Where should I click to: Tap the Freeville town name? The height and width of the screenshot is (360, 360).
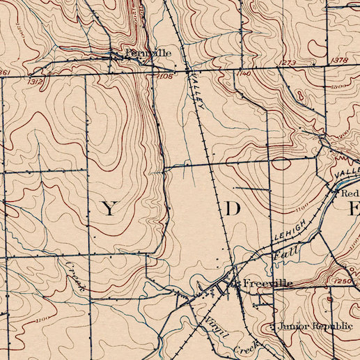pos(267,284)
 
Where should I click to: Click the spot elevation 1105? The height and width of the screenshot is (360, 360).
pos(165,75)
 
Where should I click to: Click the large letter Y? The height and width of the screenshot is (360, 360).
pos(110,209)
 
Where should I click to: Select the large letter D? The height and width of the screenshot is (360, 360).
pos(232,208)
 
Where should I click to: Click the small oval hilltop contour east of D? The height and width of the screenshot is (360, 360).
pos(281,164)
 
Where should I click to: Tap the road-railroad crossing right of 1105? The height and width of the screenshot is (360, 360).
pos(189,70)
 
